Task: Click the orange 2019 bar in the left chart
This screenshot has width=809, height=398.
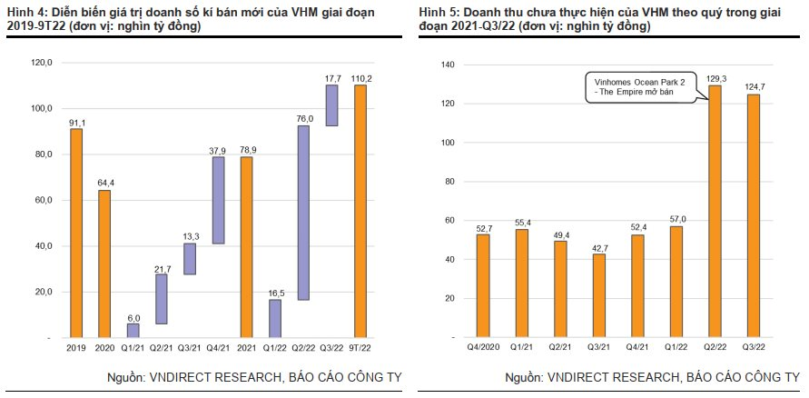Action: tap(76, 233)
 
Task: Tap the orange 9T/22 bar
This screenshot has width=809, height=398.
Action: tap(360, 211)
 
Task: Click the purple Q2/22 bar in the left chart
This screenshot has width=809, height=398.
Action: tap(303, 213)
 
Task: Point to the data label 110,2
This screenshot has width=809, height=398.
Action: tap(361, 78)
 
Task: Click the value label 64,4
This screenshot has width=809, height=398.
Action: tap(104, 184)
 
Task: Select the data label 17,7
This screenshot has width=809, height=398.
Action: tap(332, 78)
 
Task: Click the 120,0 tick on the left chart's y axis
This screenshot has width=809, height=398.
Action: tap(43, 63)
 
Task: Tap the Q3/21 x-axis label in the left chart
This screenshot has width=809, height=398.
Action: tap(190, 347)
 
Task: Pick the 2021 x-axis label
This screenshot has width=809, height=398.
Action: tap(246, 347)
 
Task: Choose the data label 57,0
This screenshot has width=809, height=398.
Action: tap(676, 219)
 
